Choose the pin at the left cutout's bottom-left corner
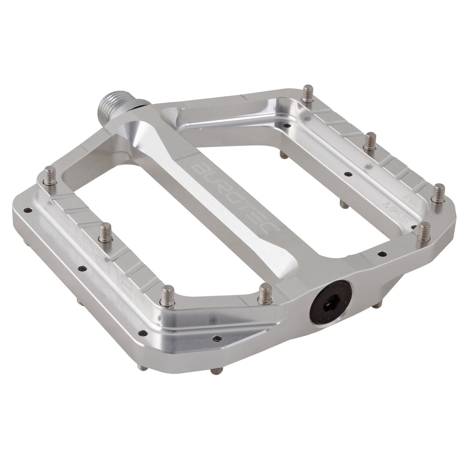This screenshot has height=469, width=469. pyautogui.click(x=169, y=295)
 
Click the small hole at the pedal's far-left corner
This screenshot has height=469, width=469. pyautogui.click(x=27, y=211)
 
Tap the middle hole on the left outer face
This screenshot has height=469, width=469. pyautogui.click(x=82, y=267)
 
